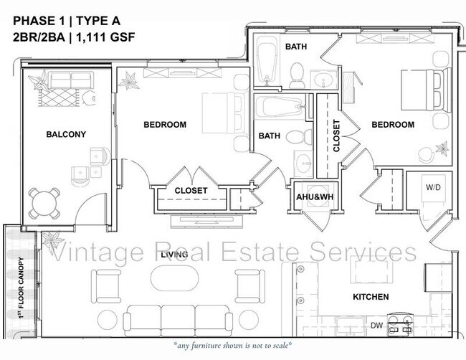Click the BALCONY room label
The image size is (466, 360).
tap(66, 134)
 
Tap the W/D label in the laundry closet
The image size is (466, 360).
tap(433, 187)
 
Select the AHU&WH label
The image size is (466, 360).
tap(315, 196)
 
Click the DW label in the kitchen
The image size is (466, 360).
tap(376, 326)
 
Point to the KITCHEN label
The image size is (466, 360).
tap(371, 297)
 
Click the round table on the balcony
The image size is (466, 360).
tap(44, 204)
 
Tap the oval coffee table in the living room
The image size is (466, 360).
tap(174, 278)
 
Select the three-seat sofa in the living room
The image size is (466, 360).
tap(178, 321)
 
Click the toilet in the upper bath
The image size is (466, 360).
tap(297, 75)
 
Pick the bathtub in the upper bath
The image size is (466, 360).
tap(267, 60)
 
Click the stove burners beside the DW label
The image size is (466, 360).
tap(401, 324)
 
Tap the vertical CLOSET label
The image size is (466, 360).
tap(336, 136)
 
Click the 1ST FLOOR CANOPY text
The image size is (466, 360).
tap(21, 288)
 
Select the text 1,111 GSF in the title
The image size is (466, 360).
tap(106, 37)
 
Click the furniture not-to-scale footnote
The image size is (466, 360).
tap(233, 346)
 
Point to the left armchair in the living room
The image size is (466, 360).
tap(106, 286)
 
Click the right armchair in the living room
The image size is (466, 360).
tap(250, 286)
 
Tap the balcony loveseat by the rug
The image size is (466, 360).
tap(71, 80)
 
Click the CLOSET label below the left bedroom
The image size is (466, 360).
tap(191, 191)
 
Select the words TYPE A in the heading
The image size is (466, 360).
tap(98, 21)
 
